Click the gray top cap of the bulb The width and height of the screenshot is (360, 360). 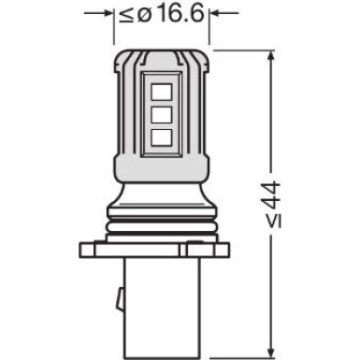[x=160, y=58]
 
